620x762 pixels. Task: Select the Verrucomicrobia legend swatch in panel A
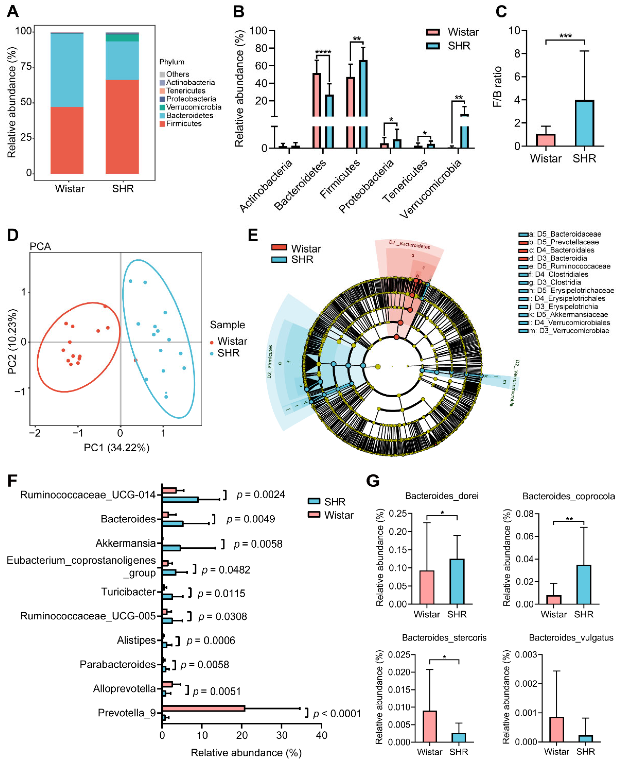click(162, 107)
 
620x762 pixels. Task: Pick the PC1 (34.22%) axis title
click(116, 448)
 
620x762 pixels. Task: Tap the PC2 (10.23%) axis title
click(12, 341)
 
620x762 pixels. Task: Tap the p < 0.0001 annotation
click(337, 713)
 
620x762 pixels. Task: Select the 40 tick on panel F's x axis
click(321, 735)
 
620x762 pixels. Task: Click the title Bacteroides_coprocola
click(568, 496)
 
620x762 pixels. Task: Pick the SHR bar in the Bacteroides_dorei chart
click(457, 582)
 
